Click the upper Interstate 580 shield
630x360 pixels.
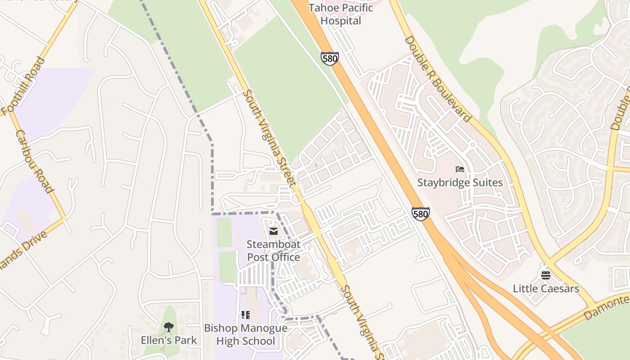coord(330,58)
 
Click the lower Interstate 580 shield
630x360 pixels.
coord(420,214)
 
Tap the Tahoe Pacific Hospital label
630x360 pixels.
coord(341,14)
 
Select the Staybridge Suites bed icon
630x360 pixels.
coord(459,169)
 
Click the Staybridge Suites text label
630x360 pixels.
coord(459,182)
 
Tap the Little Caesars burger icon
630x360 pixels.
coord(545,275)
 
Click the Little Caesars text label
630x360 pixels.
coord(545,288)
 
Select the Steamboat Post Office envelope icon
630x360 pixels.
coord(273,231)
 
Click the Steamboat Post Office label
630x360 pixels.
coord(273,251)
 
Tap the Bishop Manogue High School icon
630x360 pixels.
coord(245,315)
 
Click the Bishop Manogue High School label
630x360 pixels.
coord(245,334)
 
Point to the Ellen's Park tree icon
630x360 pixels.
coord(169,327)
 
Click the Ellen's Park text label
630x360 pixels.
coord(169,340)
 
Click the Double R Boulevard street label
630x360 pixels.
coord(437,79)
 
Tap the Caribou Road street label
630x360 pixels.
coord(34,161)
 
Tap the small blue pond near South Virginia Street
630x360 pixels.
coord(316,166)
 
